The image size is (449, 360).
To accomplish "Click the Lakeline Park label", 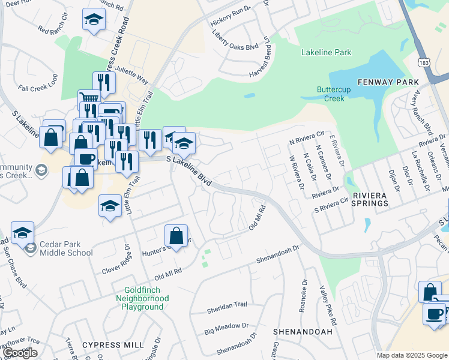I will pyautogui.click(x=326, y=52).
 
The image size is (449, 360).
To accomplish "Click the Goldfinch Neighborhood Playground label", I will pyautogui.click(x=142, y=298).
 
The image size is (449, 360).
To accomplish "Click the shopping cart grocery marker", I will pyautogui.click(x=89, y=99).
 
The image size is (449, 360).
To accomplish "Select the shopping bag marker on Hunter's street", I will pyautogui.click(x=176, y=235).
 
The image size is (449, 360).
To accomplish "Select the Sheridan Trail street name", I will pyautogui.click(x=226, y=305).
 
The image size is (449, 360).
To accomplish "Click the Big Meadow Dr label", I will pyautogui.click(x=226, y=328).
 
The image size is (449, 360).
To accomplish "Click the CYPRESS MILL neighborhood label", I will pyautogui.click(x=113, y=345).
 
